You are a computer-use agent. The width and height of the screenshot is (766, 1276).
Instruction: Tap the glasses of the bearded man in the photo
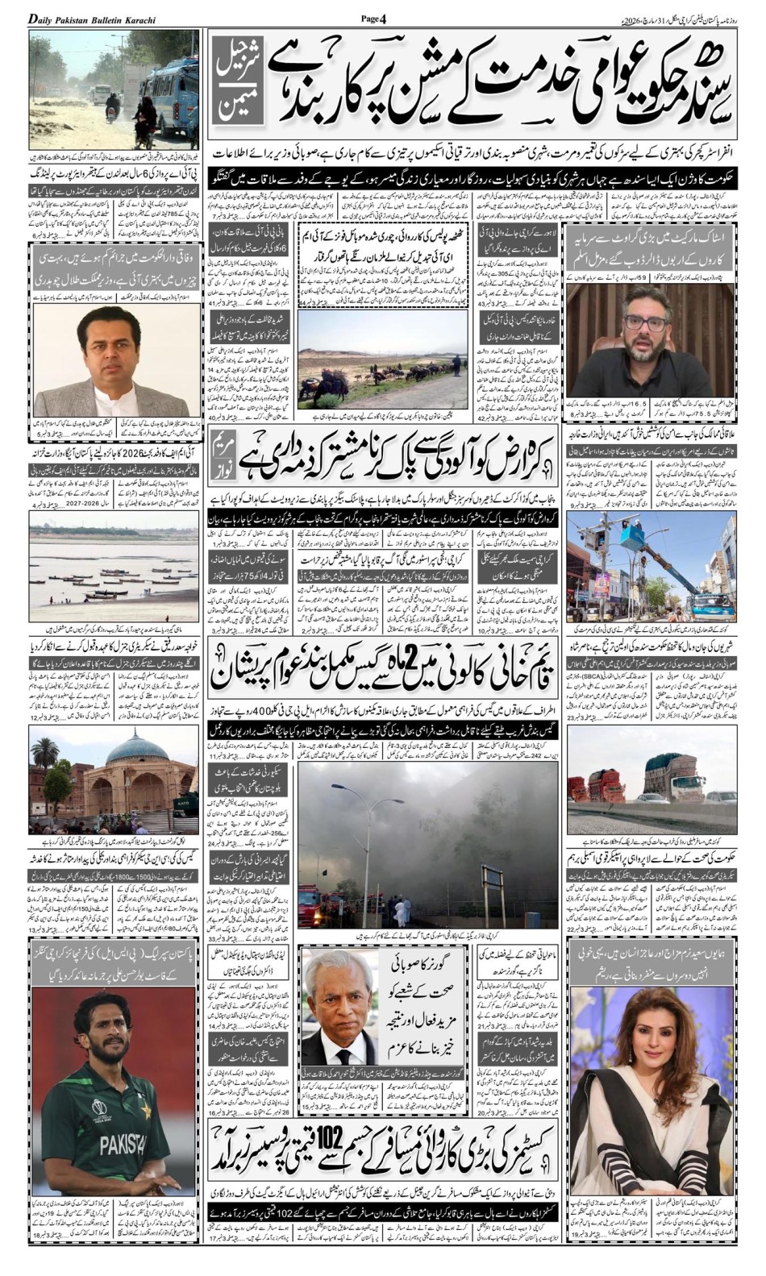[643, 323]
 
